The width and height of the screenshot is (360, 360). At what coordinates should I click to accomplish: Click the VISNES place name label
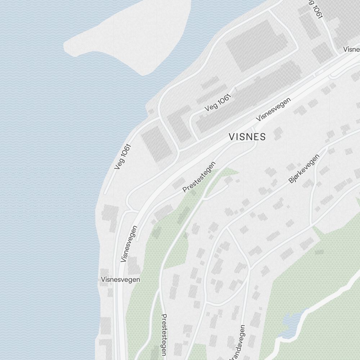point(248,137)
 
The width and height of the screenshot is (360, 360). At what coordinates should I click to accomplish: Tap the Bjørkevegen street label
point(304,169)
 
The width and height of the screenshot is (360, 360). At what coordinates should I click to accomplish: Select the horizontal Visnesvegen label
point(121,279)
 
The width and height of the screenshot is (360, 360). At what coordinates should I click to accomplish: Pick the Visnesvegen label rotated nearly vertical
point(130,244)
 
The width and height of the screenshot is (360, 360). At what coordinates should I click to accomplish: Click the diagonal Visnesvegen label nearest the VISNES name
point(273,110)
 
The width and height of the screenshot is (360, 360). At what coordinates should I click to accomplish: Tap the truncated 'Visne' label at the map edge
point(351,49)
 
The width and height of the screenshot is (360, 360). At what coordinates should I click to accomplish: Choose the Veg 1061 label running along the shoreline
point(122,157)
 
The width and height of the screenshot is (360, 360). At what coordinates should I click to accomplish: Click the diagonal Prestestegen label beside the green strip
point(199,177)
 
